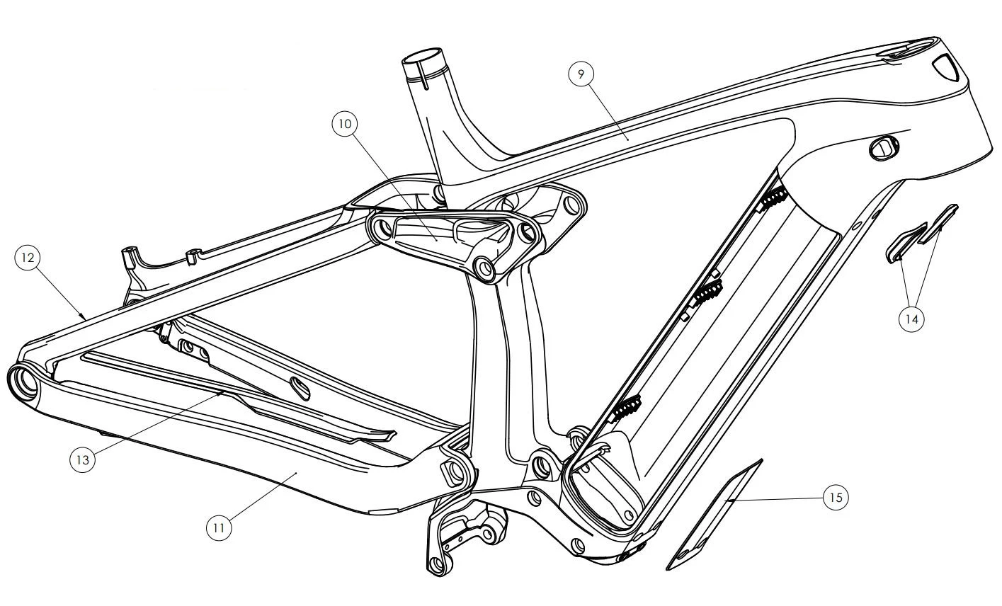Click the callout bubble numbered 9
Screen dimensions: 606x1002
tap(581, 74)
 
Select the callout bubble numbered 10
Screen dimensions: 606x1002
tap(345, 123)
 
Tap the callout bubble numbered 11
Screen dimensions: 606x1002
tap(220, 527)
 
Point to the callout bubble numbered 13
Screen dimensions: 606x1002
tap(83, 460)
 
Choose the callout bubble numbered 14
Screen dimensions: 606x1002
tap(911, 319)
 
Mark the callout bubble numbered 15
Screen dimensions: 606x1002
tap(836, 498)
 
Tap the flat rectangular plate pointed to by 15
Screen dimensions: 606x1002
tap(715, 513)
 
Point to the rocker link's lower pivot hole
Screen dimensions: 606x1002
tap(486, 268)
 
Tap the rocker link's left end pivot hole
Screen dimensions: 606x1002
tap(382, 228)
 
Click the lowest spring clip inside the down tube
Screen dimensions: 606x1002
tap(626, 407)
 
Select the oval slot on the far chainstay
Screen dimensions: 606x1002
tap(302, 386)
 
